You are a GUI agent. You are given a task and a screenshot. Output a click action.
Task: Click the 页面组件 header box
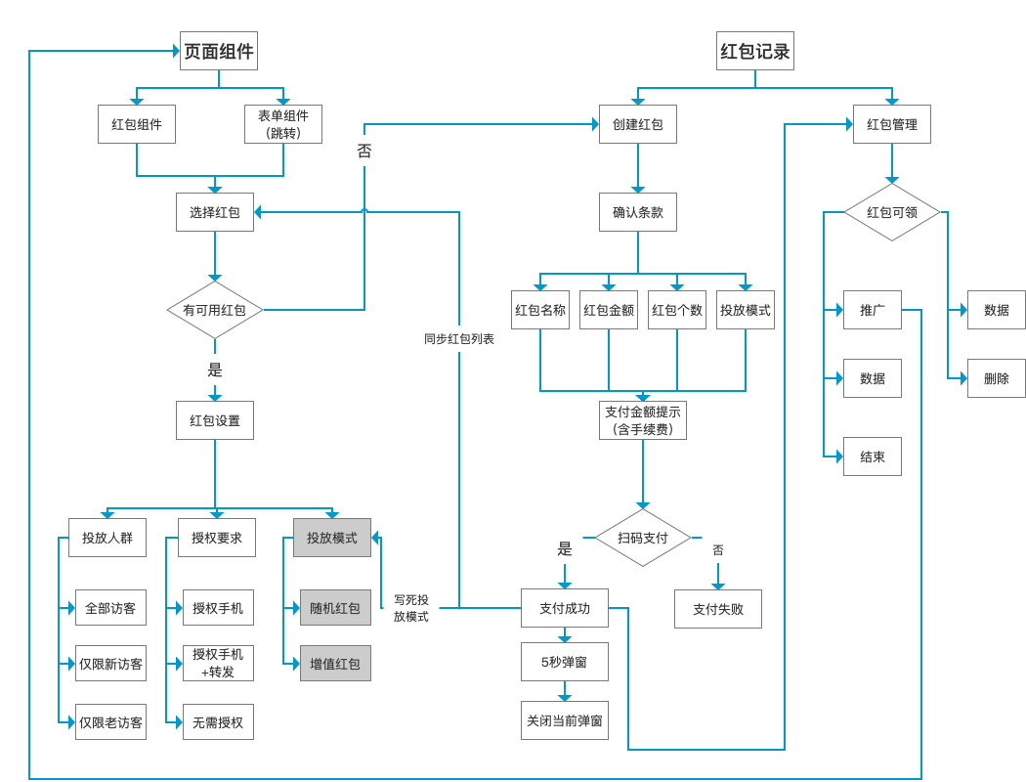(219, 51)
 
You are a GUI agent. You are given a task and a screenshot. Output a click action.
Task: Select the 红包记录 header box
(755, 51)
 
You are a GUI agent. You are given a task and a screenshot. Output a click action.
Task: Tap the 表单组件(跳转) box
(283, 124)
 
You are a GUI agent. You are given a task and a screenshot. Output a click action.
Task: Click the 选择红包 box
(215, 212)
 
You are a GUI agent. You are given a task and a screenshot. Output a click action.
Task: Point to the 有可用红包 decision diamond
(215, 310)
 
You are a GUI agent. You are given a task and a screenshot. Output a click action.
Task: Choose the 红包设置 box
(215, 420)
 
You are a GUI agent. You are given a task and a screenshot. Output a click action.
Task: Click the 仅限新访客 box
(110, 664)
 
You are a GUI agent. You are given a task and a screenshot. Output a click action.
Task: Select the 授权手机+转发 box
(218, 664)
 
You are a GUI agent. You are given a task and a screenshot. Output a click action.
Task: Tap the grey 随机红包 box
(335, 608)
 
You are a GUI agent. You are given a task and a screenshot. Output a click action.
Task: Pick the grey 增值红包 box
(335, 664)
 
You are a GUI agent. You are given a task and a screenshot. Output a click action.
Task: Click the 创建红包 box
(638, 124)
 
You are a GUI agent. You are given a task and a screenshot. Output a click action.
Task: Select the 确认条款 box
(638, 212)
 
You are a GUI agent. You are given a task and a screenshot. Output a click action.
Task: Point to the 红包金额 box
(609, 310)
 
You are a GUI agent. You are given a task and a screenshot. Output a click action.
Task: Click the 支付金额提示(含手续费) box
(643, 420)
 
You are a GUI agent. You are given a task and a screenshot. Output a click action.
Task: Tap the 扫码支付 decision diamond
(643, 538)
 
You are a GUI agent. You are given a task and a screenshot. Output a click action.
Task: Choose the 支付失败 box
(718, 609)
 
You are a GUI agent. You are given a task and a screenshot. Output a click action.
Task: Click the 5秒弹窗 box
(565, 662)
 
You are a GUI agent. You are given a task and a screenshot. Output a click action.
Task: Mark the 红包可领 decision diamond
(892, 212)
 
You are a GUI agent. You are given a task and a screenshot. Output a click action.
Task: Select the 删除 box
(997, 378)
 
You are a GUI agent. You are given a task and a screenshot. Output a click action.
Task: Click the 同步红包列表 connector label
(459, 339)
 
